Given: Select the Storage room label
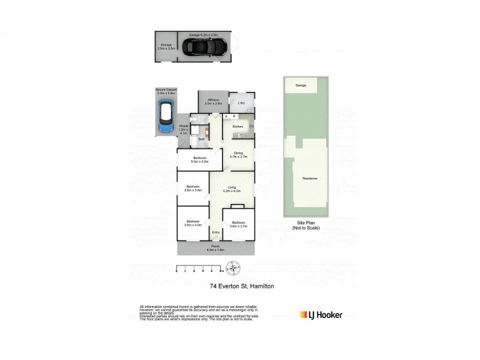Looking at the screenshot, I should (166, 46).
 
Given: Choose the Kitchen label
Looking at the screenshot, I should (237, 127).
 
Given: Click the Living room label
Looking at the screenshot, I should (231, 189).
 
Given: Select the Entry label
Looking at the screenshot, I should (215, 233).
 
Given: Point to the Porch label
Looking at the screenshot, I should (215, 247).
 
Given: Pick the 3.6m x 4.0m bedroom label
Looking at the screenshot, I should (193, 223).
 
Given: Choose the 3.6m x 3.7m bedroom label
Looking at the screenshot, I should (238, 224).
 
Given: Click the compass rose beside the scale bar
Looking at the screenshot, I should (234, 268).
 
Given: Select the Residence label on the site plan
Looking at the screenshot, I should (310, 179).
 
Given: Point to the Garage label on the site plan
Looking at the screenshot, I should (301, 86).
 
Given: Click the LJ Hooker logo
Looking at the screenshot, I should (321, 314).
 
